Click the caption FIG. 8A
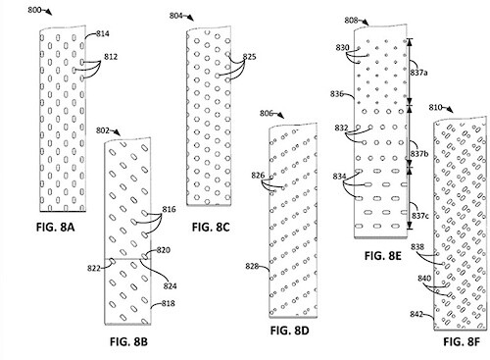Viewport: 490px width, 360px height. (x=55, y=227)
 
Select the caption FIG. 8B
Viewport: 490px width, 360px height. (x=128, y=341)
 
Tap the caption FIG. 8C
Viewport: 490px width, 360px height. (x=211, y=227)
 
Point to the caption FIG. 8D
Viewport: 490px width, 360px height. (x=289, y=331)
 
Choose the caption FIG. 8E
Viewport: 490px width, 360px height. (x=382, y=256)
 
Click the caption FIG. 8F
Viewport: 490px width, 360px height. (x=462, y=341)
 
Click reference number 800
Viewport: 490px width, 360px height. (x=34, y=10)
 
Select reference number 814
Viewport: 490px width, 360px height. (x=103, y=33)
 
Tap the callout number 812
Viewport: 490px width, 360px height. (x=111, y=57)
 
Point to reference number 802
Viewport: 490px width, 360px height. (x=103, y=130)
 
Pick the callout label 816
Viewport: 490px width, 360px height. (x=169, y=209)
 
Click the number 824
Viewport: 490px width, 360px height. (x=170, y=286)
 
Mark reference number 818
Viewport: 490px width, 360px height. (x=169, y=303)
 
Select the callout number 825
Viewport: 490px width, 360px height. (x=249, y=57)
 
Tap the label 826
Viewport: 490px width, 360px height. (x=258, y=176)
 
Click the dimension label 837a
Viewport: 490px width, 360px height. (x=419, y=73)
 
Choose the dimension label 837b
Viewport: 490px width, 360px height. (x=419, y=153)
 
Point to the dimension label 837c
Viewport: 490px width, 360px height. (x=420, y=216)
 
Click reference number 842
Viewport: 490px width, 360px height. (x=416, y=314)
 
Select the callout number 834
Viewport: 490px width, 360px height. (x=339, y=177)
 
